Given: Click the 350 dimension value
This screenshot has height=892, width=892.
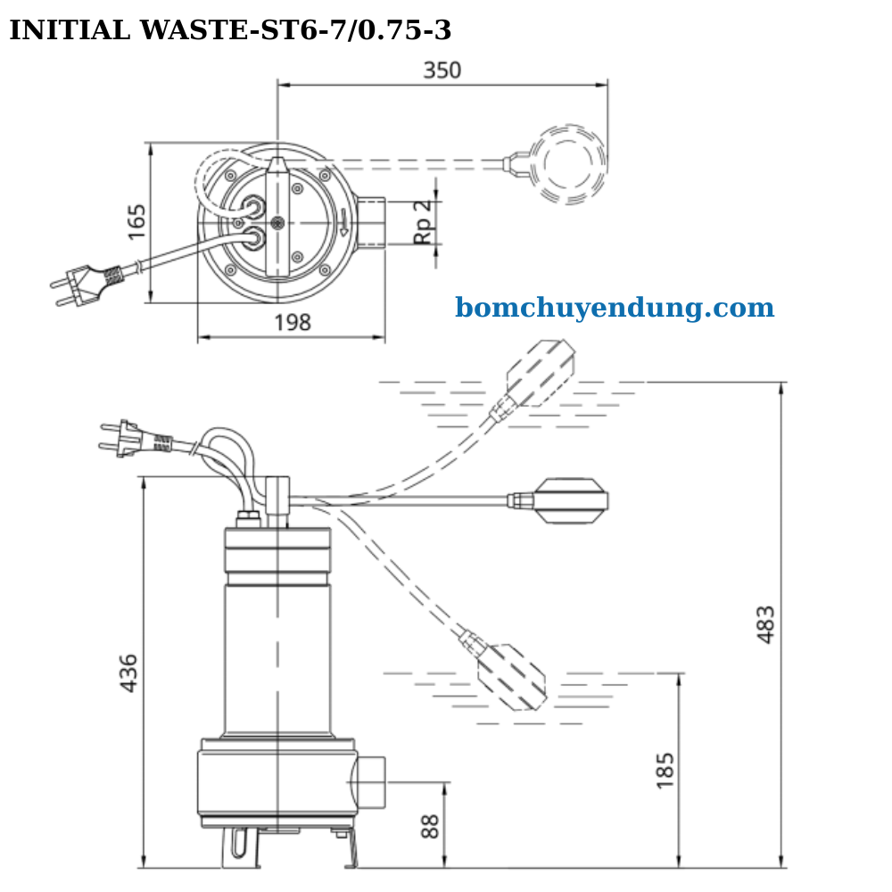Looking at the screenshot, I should [x=442, y=70].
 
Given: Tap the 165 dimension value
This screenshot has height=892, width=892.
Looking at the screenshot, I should [x=136, y=222].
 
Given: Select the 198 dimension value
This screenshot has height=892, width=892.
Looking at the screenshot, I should [x=292, y=323].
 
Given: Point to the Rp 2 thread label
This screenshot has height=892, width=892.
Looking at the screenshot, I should [x=424, y=221].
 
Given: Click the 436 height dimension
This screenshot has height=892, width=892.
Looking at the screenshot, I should [x=128, y=673].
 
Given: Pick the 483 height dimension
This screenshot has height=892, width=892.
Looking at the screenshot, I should [x=765, y=624].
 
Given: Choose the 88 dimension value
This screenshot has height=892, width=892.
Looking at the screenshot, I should [x=430, y=825].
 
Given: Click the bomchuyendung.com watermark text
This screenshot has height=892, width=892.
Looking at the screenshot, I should [x=615, y=309].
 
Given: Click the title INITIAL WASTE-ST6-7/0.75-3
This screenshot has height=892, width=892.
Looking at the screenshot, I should [x=230, y=31].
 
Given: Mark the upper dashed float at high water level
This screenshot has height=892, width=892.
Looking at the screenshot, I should [x=541, y=374].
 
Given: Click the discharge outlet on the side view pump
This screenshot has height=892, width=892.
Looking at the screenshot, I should [x=368, y=782].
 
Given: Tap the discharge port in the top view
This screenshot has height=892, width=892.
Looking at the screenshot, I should [x=373, y=222].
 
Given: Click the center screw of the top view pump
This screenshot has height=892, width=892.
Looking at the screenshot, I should [x=278, y=222].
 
